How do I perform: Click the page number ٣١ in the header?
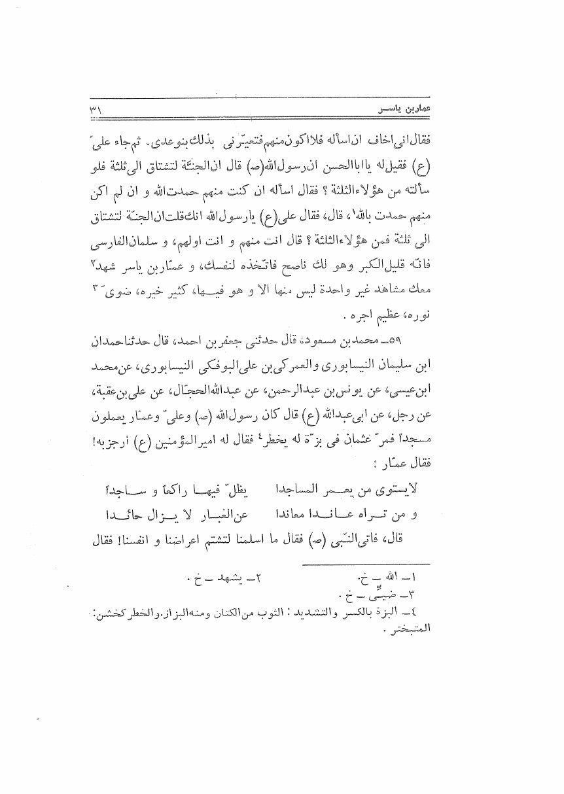tap(97, 109)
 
